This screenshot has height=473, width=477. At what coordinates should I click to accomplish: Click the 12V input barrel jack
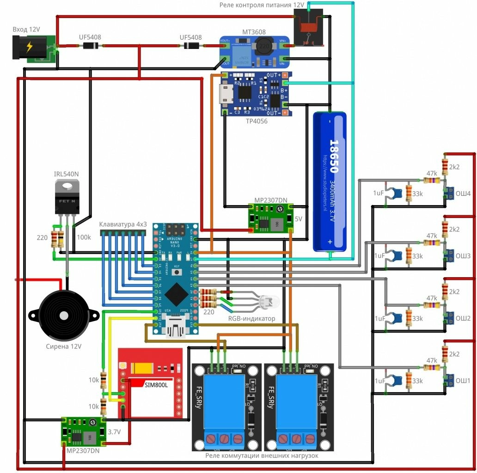click(x=29, y=48)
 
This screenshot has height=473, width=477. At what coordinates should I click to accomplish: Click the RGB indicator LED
click(x=269, y=303)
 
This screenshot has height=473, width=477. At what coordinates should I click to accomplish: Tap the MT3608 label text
click(x=254, y=32)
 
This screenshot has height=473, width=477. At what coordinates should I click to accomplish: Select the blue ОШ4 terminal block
click(x=449, y=193)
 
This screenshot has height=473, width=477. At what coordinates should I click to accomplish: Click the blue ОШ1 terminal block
click(x=449, y=381)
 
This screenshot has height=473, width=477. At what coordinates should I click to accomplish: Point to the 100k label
click(x=84, y=237)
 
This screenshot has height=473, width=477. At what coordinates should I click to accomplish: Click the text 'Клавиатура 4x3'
click(x=123, y=224)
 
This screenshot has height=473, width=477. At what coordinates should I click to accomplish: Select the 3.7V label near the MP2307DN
click(x=114, y=432)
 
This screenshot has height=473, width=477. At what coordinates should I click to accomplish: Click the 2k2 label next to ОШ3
click(x=454, y=229)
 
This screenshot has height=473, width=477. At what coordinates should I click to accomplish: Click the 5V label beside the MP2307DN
click(x=299, y=219)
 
